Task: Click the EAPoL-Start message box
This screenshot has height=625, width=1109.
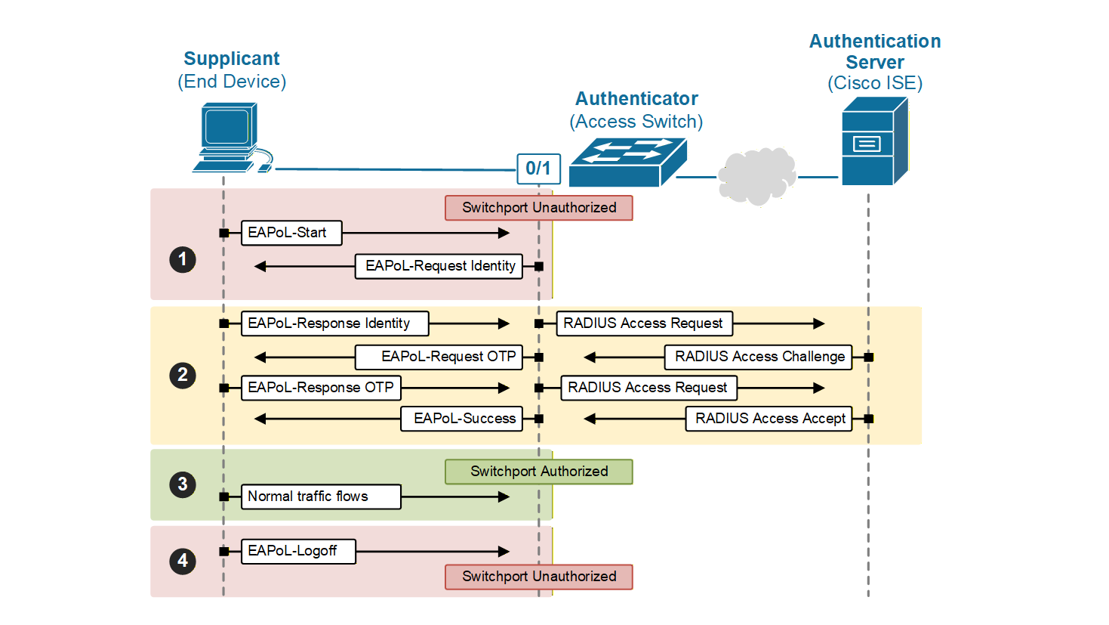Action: click(x=291, y=233)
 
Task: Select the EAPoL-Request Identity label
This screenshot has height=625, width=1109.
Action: click(x=439, y=266)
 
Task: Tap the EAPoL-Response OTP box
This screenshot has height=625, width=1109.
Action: click(x=321, y=388)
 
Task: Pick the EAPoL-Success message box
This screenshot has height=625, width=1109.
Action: click(x=462, y=419)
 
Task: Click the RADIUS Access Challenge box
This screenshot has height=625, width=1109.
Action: click(x=758, y=357)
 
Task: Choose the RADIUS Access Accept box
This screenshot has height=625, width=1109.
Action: click(x=769, y=419)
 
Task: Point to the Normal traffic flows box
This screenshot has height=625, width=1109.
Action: click(x=321, y=497)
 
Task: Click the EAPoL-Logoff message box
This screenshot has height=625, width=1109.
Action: click(x=298, y=551)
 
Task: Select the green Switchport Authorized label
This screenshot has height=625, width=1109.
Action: click(x=539, y=472)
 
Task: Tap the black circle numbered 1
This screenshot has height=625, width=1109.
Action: click(x=183, y=260)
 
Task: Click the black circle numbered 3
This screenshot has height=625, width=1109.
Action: click(x=183, y=484)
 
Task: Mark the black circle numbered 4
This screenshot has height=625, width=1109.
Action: click(x=183, y=562)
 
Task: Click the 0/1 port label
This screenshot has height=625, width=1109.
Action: click(x=538, y=169)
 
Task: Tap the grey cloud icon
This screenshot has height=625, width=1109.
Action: click(x=757, y=176)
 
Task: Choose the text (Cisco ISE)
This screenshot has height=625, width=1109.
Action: click(x=874, y=83)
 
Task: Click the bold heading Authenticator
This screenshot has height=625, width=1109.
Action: click(x=636, y=99)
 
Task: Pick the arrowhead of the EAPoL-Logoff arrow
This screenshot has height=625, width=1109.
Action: click(x=504, y=552)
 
